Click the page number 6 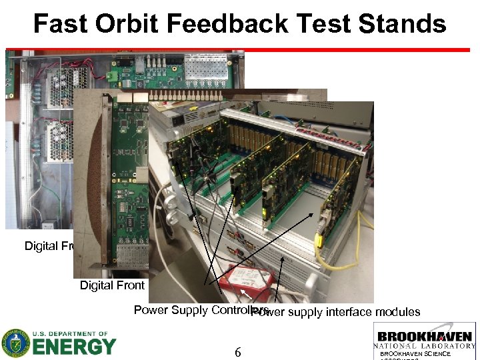pyautogui.click(x=237, y=352)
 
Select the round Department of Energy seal pyautogui.click(x=15, y=343)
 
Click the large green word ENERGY pyautogui.click(x=74, y=347)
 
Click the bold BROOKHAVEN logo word pyautogui.click(x=424, y=337)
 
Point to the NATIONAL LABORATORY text pyautogui.click(x=424, y=346)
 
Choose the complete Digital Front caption pyautogui.click(x=112, y=285)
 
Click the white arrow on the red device pyautogui.click(x=246, y=292)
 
